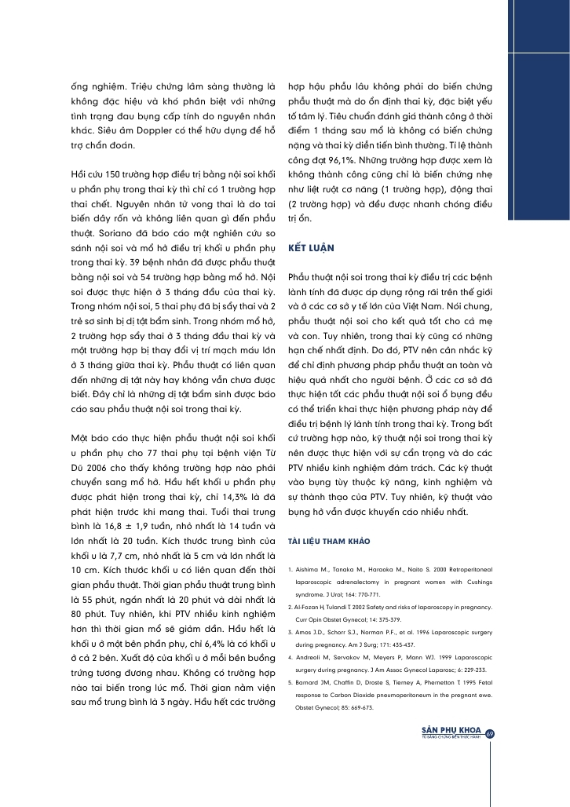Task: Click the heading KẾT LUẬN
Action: [x=312, y=247]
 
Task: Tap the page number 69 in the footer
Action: [x=490, y=734]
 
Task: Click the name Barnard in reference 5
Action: [x=310, y=681]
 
